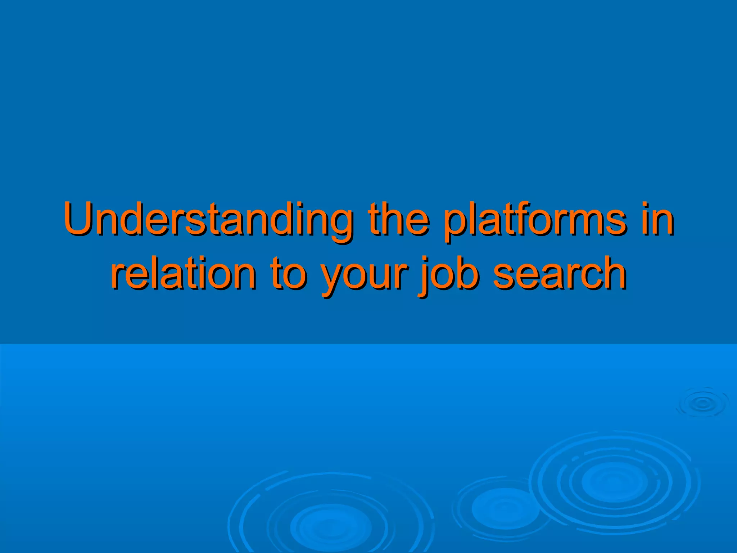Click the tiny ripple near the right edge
click(x=702, y=403)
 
